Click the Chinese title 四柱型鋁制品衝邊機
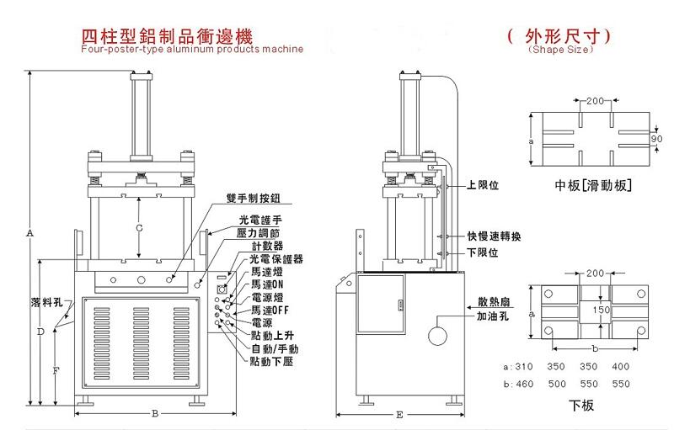[166, 36]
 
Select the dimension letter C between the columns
[139, 227]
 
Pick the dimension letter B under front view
[154, 413]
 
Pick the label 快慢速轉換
[498, 236]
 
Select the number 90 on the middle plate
[656, 138]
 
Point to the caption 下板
[581, 406]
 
